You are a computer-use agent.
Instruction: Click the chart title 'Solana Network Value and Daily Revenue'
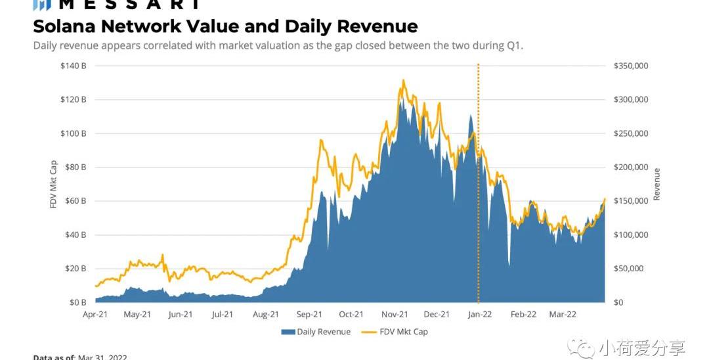click(x=225, y=26)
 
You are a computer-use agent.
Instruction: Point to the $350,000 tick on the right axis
click(x=631, y=66)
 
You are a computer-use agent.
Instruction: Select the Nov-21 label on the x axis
click(x=395, y=315)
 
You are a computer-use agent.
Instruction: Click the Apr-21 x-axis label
click(x=95, y=315)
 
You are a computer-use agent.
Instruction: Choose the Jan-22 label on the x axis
click(x=479, y=315)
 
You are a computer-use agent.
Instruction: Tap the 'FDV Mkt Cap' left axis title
click(x=54, y=185)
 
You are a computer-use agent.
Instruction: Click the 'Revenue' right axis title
click(x=656, y=185)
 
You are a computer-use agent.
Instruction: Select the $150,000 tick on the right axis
click(x=631, y=201)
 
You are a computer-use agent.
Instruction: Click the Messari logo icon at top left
click(x=42, y=5)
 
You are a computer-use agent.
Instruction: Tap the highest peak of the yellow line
click(x=403, y=80)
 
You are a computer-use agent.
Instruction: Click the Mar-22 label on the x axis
click(x=563, y=315)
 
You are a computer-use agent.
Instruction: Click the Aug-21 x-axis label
click(x=265, y=315)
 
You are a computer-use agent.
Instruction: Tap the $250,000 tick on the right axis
click(x=631, y=133)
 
